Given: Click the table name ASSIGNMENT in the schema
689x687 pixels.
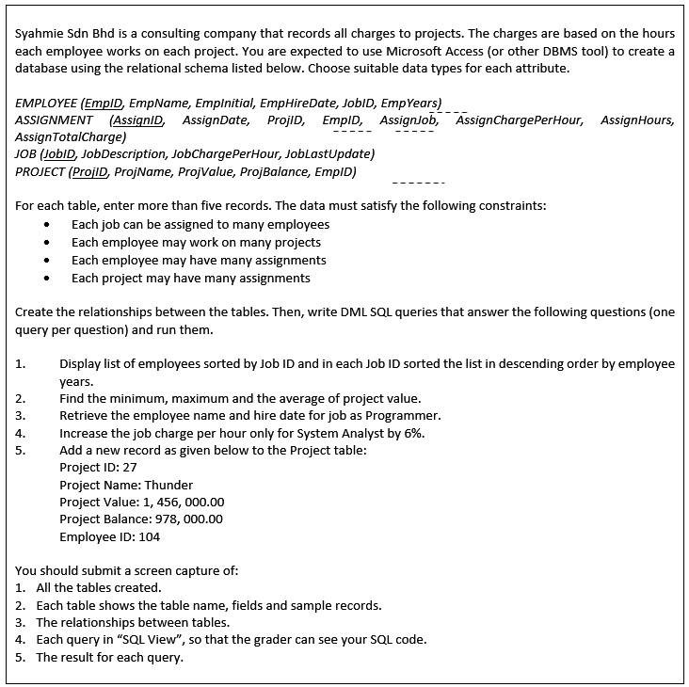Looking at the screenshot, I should (55, 120).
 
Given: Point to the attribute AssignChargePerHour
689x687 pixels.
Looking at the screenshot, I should (520, 120).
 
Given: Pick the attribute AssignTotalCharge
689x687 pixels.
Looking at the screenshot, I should (71, 136).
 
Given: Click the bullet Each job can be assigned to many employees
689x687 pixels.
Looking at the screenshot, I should (200, 224).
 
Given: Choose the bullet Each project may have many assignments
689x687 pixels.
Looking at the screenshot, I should (191, 278).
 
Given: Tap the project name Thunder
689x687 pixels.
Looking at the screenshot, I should (168, 485).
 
